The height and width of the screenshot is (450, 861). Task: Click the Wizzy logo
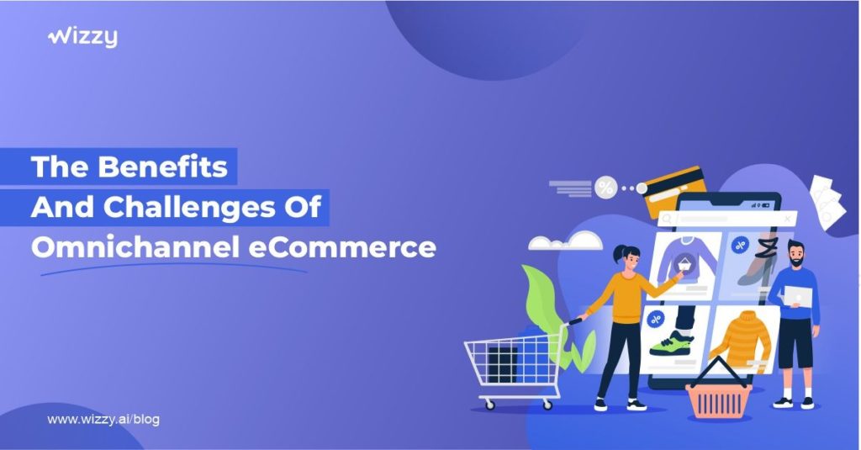(x=82, y=37)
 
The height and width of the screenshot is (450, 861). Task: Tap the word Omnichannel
(x=135, y=247)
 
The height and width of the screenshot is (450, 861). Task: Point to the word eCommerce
(x=343, y=248)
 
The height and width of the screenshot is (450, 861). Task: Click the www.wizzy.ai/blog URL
(x=103, y=420)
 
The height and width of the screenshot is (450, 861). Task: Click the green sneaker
(x=672, y=344)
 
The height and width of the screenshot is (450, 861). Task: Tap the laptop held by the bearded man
(x=798, y=297)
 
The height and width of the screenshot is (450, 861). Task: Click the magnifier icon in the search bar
(x=667, y=219)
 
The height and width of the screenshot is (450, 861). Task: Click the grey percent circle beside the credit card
(x=605, y=188)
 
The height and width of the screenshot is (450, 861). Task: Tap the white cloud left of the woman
(x=566, y=241)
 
